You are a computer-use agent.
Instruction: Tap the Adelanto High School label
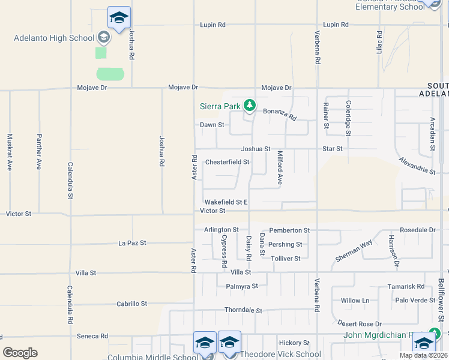[55, 38]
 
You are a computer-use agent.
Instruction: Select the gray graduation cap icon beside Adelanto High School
[104, 38]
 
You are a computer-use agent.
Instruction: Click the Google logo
[20, 353]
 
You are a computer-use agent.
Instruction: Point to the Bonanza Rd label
[280, 114]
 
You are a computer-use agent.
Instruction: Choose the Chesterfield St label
[227, 162]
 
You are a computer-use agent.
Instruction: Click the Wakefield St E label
[226, 202]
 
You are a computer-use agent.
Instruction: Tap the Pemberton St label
[289, 230]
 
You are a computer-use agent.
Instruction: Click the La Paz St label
[132, 243]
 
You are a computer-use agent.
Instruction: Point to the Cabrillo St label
[132, 304]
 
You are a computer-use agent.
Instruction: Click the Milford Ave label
[279, 167]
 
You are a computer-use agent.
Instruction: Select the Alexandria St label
[417, 166]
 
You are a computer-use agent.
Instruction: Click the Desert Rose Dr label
[360, 323]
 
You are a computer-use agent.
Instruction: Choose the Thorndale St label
[243, 310]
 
